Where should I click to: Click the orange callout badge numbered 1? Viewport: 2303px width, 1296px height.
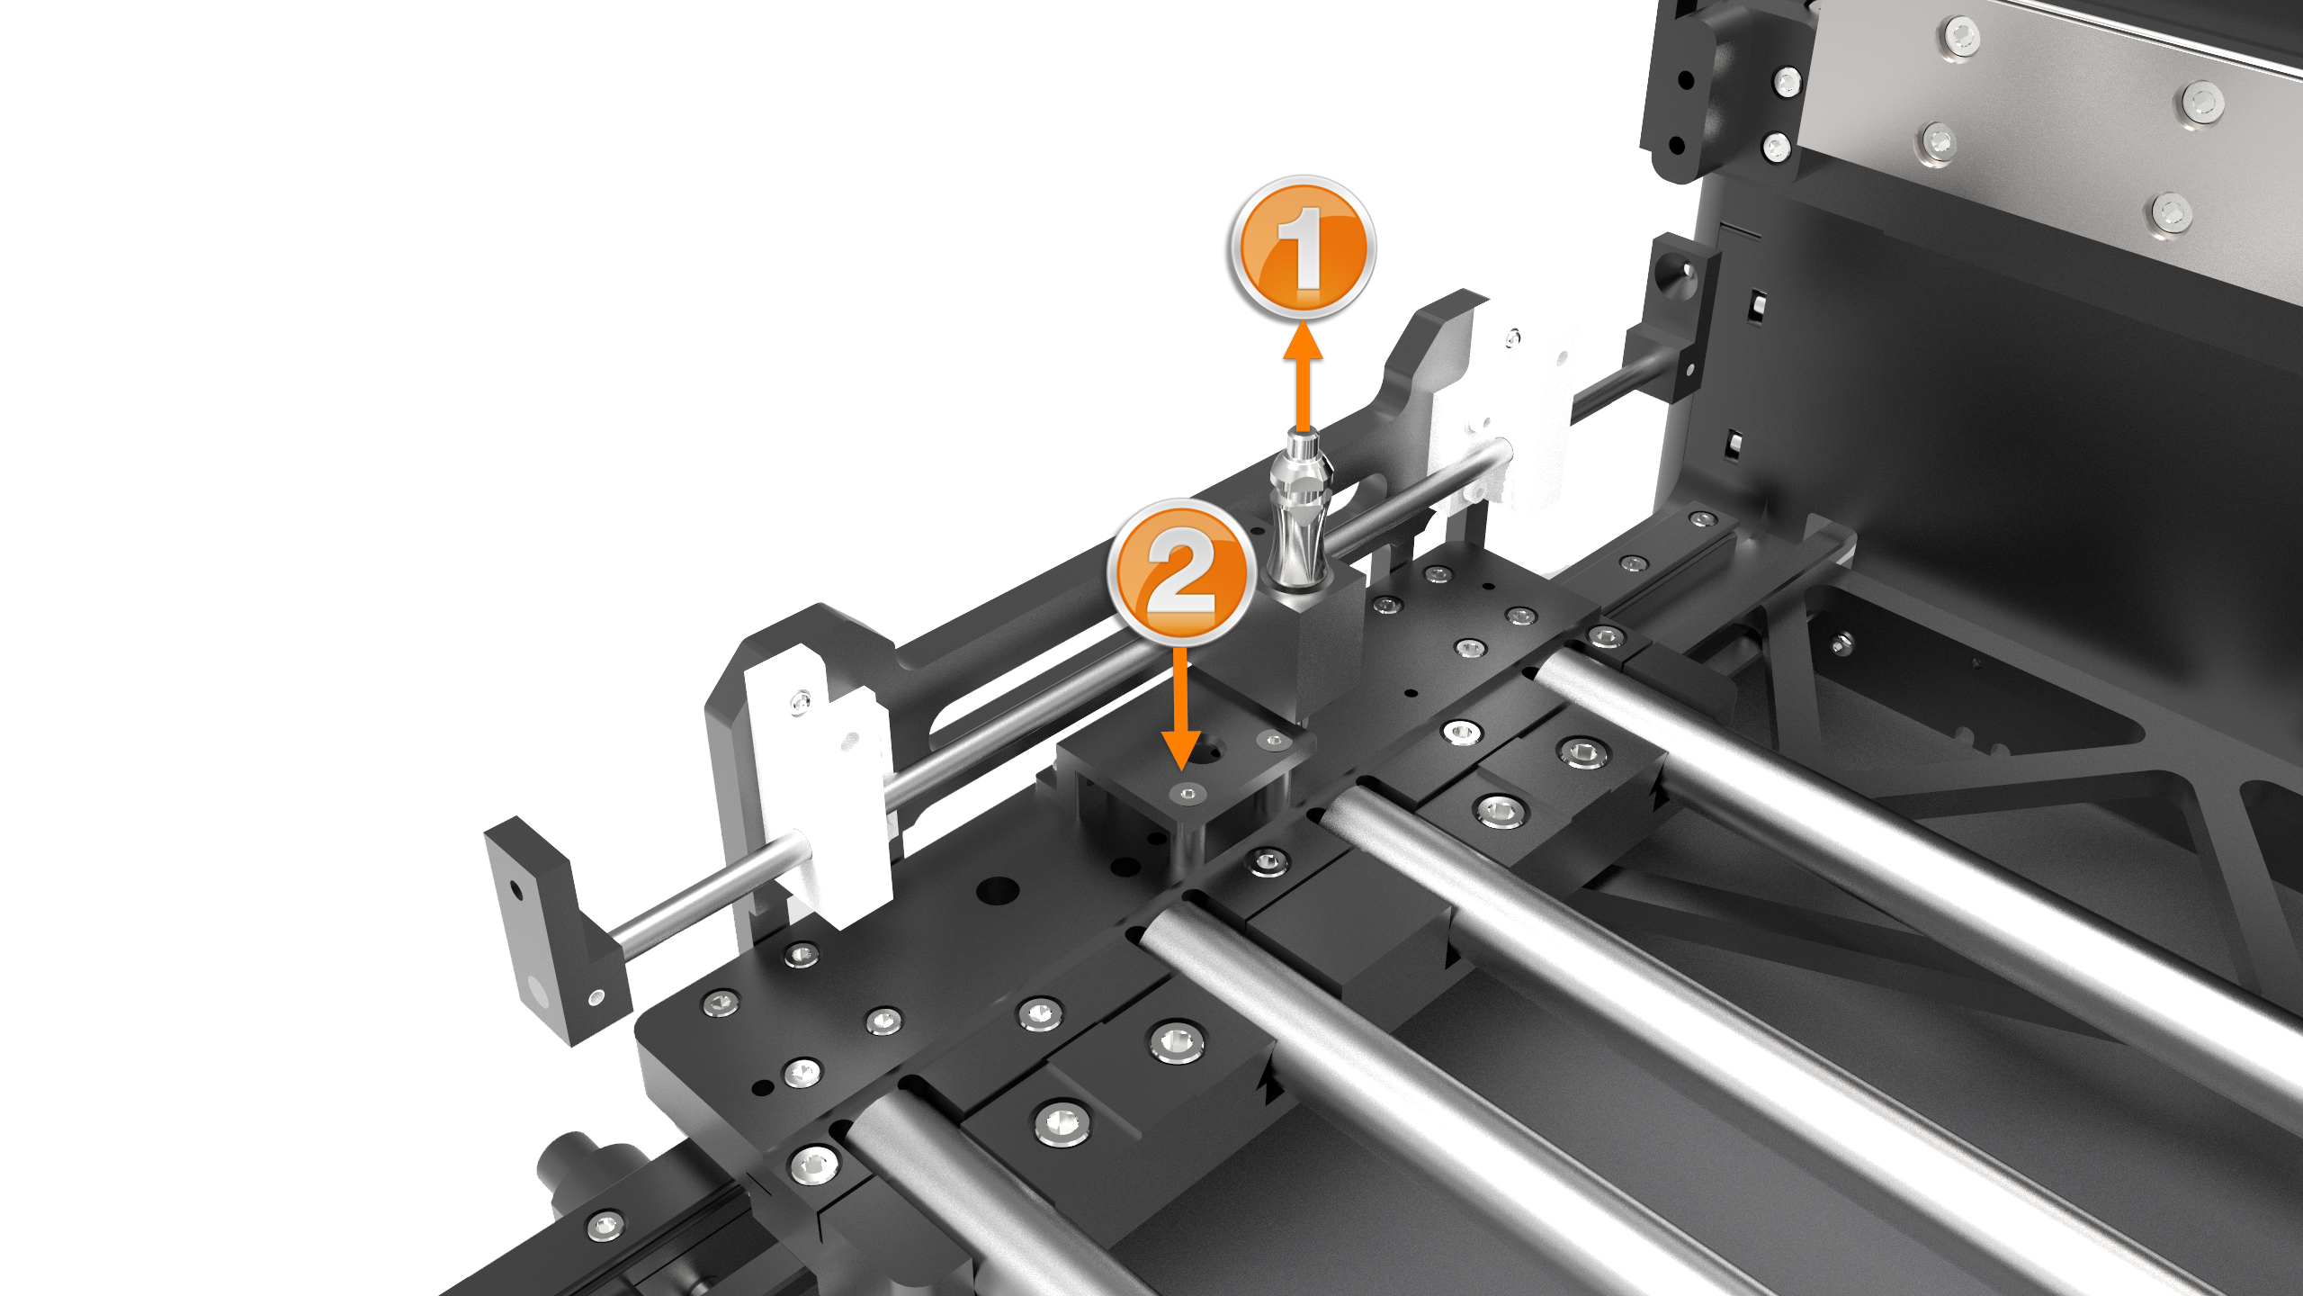pos(1302,247)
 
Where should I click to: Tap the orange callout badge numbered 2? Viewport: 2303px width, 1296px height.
pos(1182,571)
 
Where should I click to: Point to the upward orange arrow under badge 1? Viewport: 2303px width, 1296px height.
pos(1302,378)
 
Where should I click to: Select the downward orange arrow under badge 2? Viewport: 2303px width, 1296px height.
pos(1181,707)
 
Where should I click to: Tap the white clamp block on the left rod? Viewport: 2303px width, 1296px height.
pos(814,783)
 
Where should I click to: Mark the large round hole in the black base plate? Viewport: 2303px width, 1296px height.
pos(997,891)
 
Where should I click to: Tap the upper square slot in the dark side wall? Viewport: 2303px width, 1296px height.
pos(1755,307)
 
